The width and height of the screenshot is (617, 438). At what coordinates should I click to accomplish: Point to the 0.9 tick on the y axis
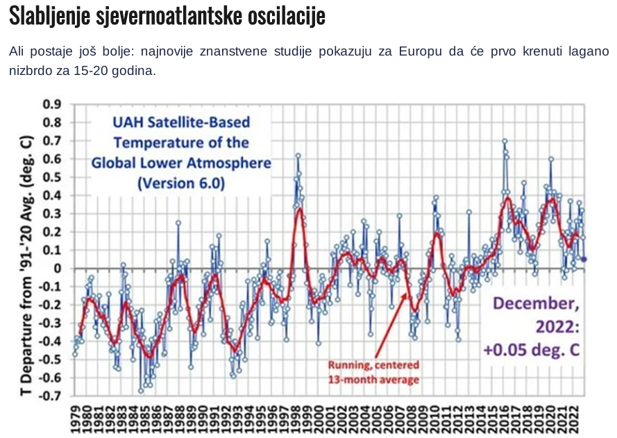tap(52, 105)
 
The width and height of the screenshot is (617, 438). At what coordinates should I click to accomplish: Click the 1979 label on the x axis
tap(76, 421)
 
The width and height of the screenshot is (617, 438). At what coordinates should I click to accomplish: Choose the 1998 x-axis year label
tap(296, 421)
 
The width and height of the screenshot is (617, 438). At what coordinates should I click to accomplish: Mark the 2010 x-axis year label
tap(435, 421)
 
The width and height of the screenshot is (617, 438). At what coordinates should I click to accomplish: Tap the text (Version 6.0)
tap(181, 183)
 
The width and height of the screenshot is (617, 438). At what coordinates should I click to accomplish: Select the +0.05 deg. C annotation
tap(532, 351)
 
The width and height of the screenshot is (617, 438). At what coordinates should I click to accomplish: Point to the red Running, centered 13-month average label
tap(374, 371)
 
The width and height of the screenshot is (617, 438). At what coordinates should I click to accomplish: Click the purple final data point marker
tap(584, 259)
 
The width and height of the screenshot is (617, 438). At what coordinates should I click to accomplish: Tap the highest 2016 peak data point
tap(505, 141)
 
